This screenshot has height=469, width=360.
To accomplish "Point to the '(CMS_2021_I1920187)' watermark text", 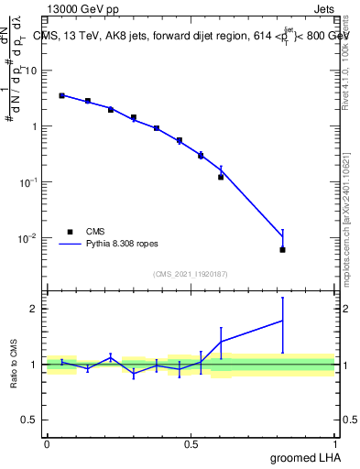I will [191, 273].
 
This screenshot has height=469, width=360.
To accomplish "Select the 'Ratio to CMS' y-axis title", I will [15, 365].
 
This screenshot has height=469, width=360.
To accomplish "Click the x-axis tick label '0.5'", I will [191, 444].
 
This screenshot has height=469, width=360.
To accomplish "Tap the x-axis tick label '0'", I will [47, 444].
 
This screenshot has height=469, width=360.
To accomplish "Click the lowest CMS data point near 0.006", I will [282, 250].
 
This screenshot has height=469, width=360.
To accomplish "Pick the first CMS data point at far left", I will [61, 95].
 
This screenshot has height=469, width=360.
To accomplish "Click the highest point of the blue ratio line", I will [282, 320].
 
